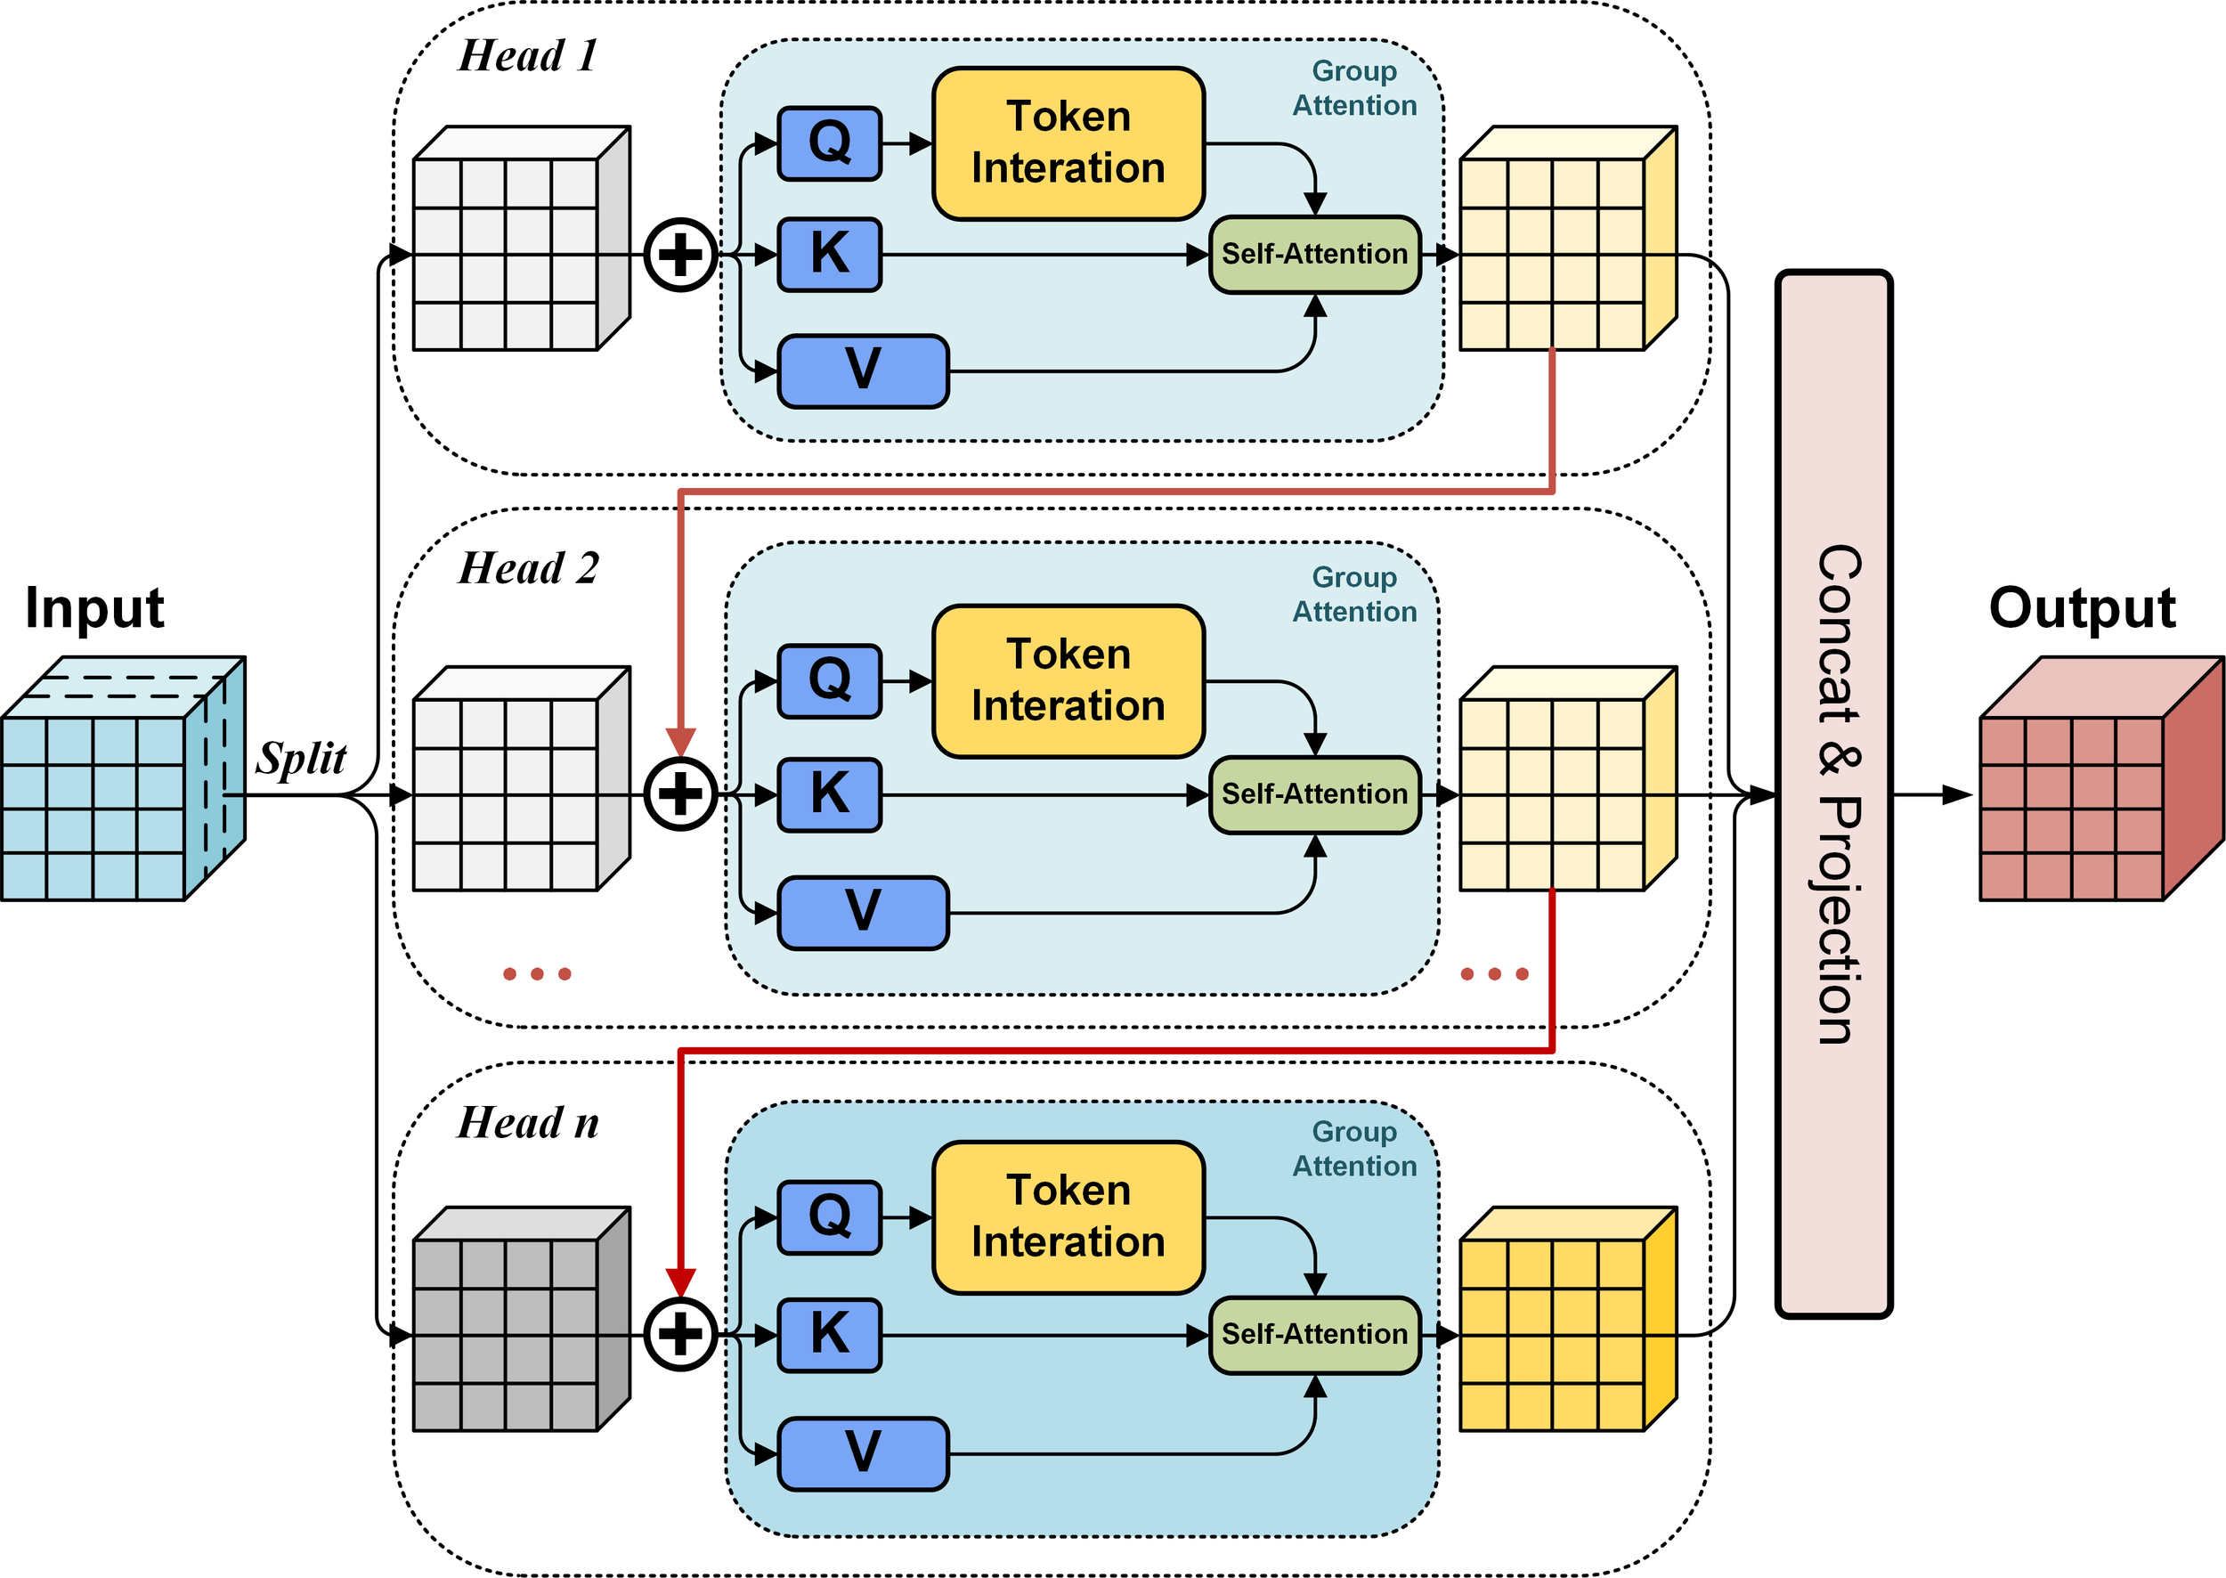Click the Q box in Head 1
[x=829, y=143]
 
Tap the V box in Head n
[x=863, y=1453]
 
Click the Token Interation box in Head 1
[x=1068, y=143]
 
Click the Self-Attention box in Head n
[x=1313, y=1335]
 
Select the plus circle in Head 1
[x=680, y=255]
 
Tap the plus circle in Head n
[x=680, y=1334]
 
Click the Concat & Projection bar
[x=1833, y=793]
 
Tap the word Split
[x=301, y=758]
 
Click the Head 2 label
[x=528, y=568]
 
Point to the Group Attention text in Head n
[x=1353, y=1149]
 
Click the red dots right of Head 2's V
[x=1494, y=973]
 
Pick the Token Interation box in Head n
[x=1068, y=1216]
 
